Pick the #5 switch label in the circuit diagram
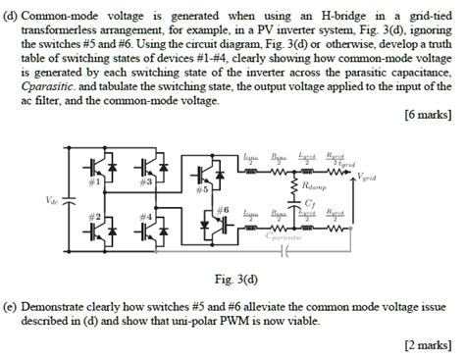(x=202, y=189)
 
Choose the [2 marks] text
(x=429, y=345)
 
